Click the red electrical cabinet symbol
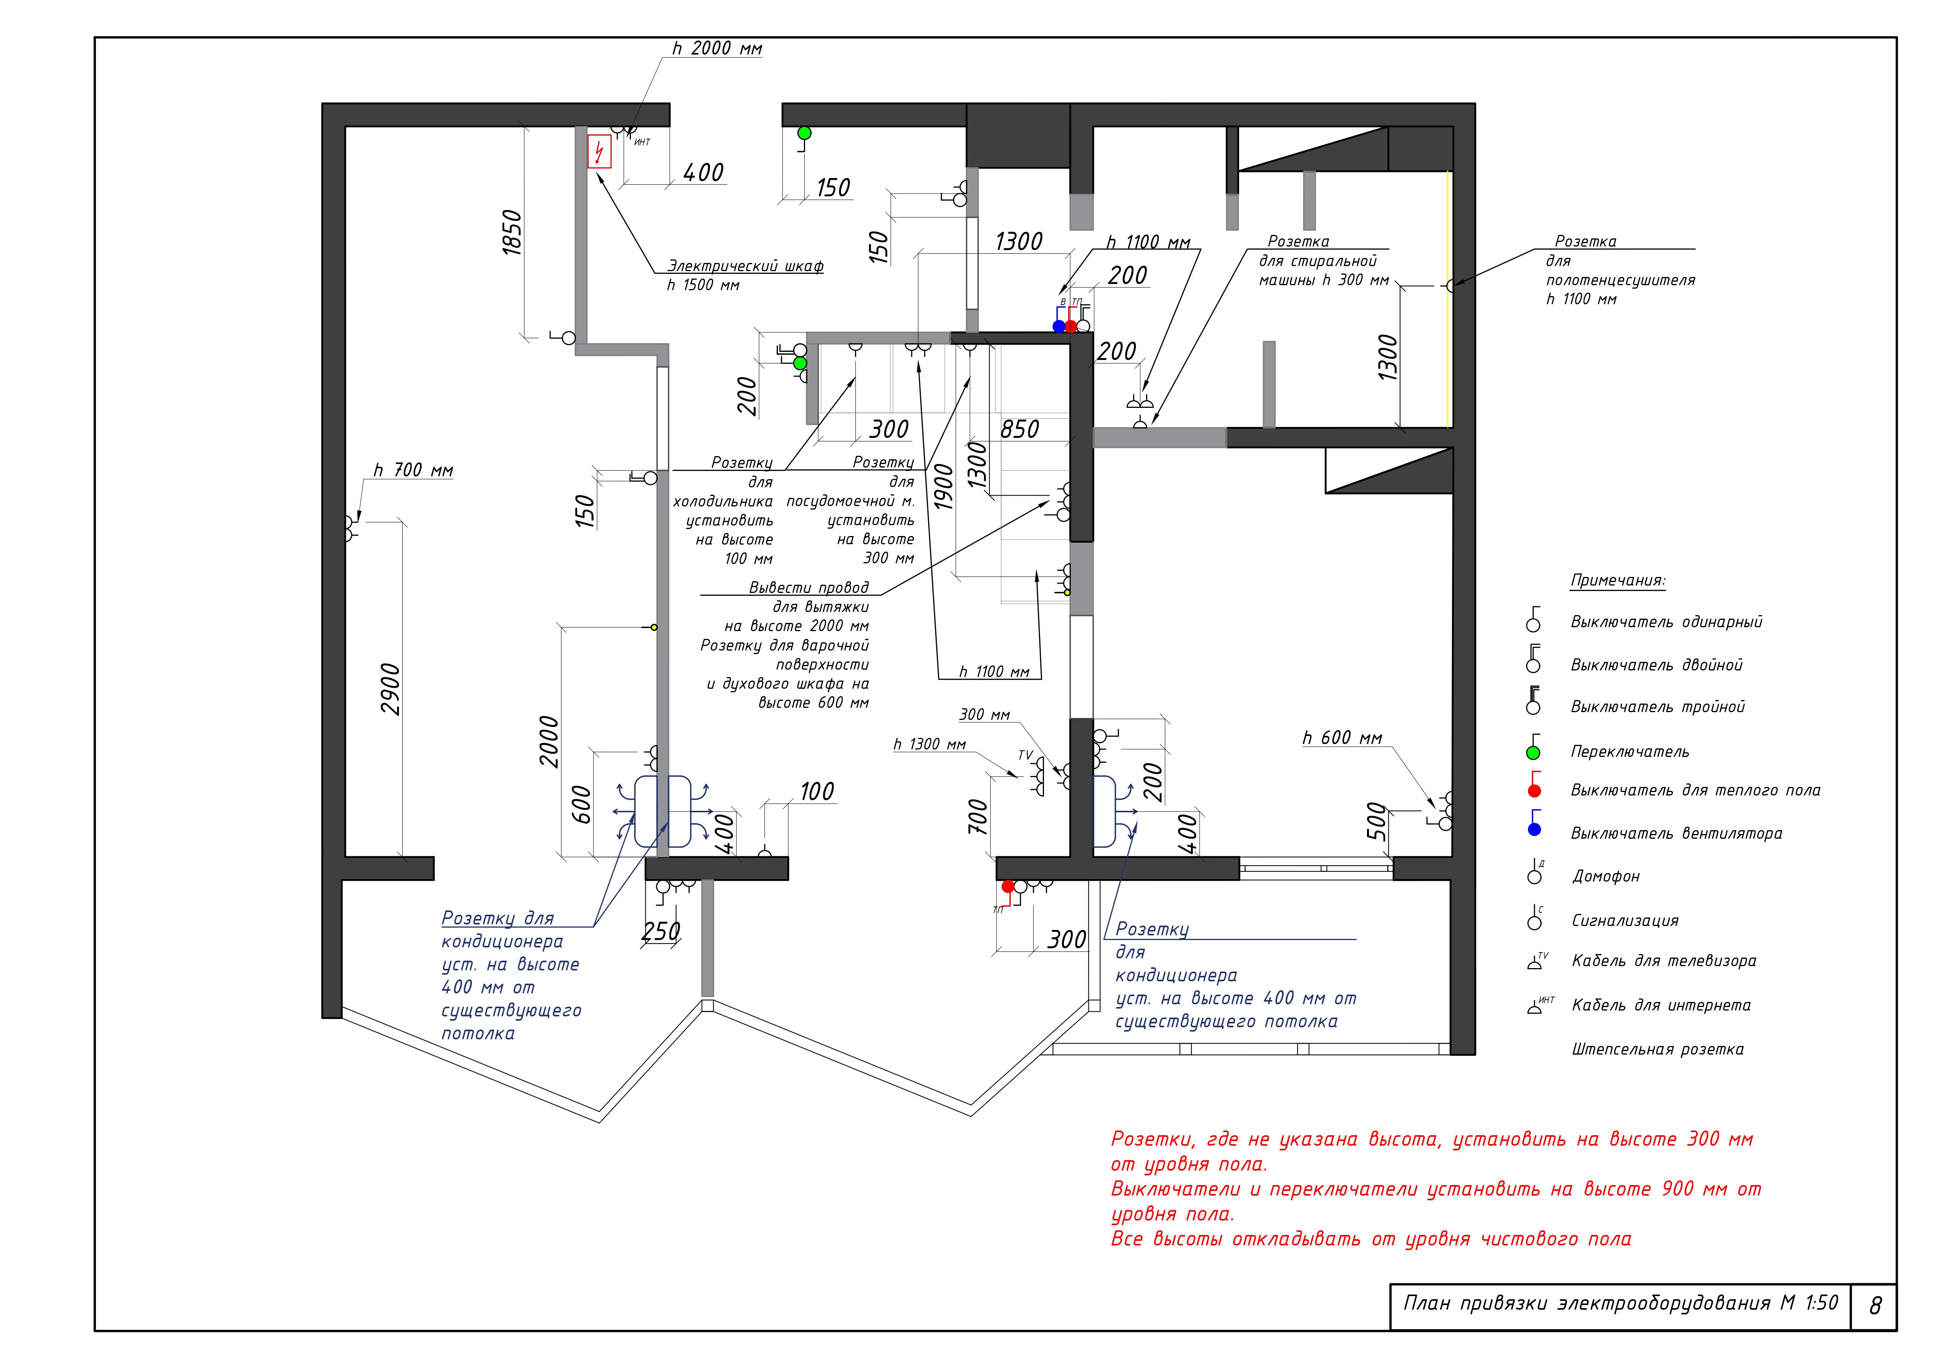(x=599, y=152)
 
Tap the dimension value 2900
(x=391, y=689)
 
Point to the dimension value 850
(x=1019, y=430)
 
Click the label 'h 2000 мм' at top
(x=717, y=49)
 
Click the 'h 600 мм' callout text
(x=1342, y=738)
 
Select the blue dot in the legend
(x=1534, y=830)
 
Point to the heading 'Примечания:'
(x=1617, y=580)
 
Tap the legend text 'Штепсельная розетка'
(x=1657, y=1050)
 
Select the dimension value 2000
(x=549, y=741)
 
